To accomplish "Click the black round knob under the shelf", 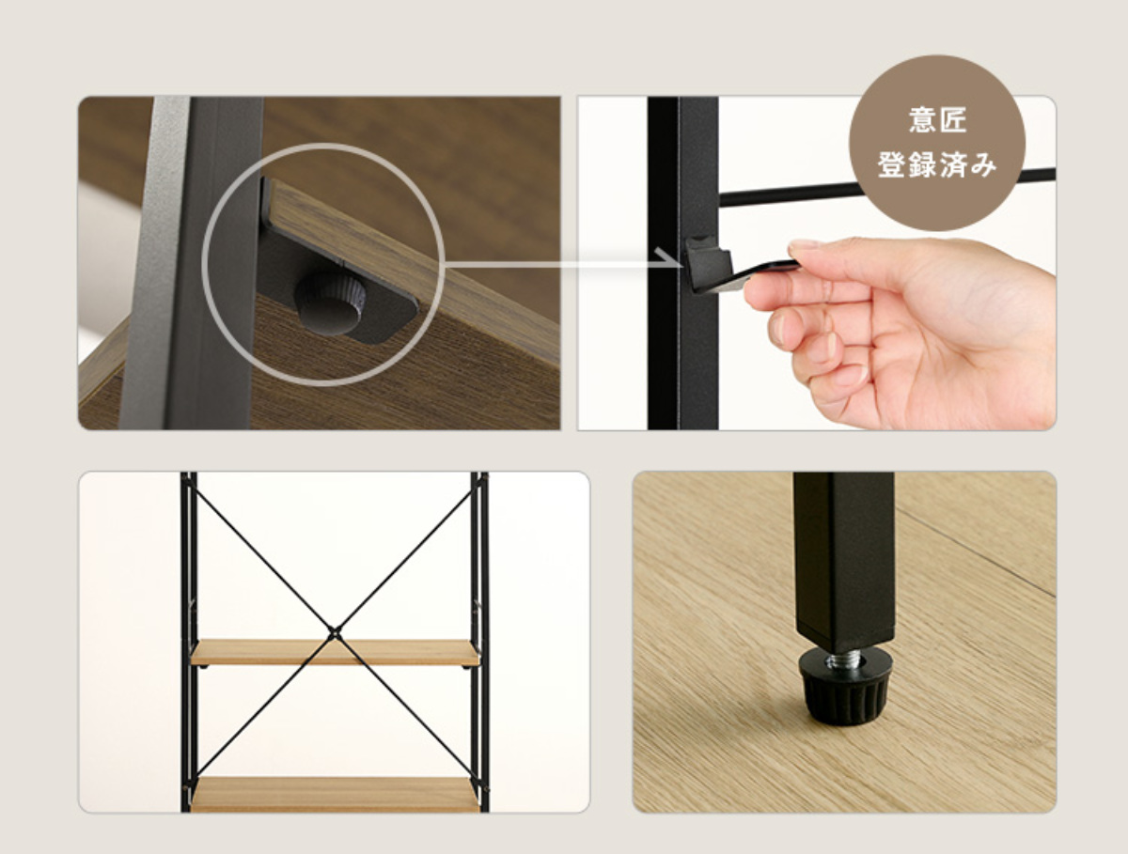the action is coord(330,305).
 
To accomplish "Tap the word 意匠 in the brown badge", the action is coord(937,120).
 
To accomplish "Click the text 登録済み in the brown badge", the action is coord(937,164).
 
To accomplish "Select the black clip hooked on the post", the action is coord(719,267).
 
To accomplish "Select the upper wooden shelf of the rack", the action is coord(335,653).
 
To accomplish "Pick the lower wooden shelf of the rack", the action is coord(335,795).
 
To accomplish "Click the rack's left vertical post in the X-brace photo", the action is coord(189,642).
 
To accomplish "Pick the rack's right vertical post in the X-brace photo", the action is coord(479,642).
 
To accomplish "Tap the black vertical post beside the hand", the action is coord(682,263).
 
